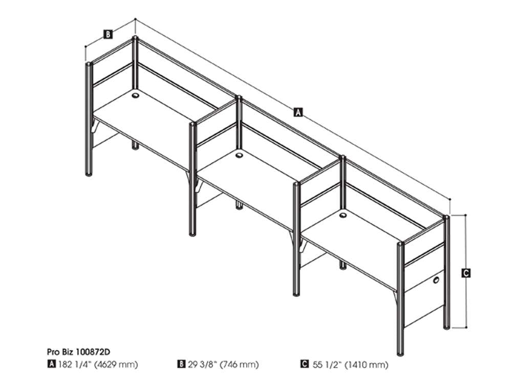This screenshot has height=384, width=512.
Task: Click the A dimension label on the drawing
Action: [x=298, y=112]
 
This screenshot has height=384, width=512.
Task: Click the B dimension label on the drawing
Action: [x=108, y=34]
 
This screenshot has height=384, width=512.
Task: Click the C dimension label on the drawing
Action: [x=466, y=273]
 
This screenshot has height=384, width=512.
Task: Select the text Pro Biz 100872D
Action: [x=78, y=352]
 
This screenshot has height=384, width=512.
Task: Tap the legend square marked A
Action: [x=51, y=364]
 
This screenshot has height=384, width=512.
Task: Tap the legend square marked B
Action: [x=181, y=364]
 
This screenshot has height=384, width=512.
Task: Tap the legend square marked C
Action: [x=305, y=364]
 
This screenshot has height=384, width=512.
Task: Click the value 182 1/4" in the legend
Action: [x=74, y=364]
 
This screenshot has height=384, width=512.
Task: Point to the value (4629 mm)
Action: [x=116, y=365]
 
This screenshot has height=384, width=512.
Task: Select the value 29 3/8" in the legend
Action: [x=202, y=364]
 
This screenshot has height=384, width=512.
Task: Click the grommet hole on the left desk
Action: [x=136, y=95]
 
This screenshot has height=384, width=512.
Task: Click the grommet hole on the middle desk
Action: [x=239, y=155]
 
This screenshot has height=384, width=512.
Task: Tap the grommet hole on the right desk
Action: [x=343, y=215]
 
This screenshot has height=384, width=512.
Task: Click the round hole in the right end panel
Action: [x=436, y=280]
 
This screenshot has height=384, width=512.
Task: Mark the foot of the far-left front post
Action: [x=89, y=174]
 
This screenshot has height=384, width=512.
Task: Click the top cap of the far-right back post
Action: [x=446, y=217]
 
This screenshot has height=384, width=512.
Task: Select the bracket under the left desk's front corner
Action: [x=94, y=126]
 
